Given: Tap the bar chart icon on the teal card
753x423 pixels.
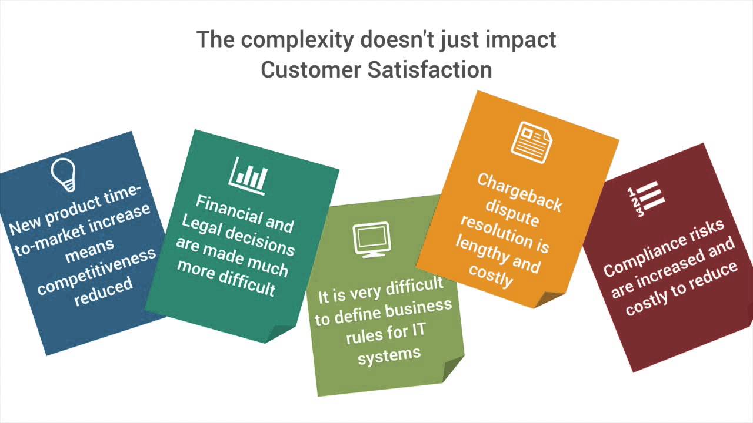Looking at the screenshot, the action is tap(248, 176).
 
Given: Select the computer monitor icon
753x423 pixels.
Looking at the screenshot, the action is tap(372, 240).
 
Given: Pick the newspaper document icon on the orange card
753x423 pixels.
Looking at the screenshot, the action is tap(531, 143).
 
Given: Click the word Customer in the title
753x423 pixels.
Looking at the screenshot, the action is tap(311, 70).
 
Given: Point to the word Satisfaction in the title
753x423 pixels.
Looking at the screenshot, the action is tap(429, 69).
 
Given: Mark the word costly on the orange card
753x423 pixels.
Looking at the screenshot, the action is tap(491, 276).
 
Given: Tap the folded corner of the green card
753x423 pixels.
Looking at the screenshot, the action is tap(452, 368).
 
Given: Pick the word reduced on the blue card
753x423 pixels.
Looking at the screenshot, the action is tap(104, 291).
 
